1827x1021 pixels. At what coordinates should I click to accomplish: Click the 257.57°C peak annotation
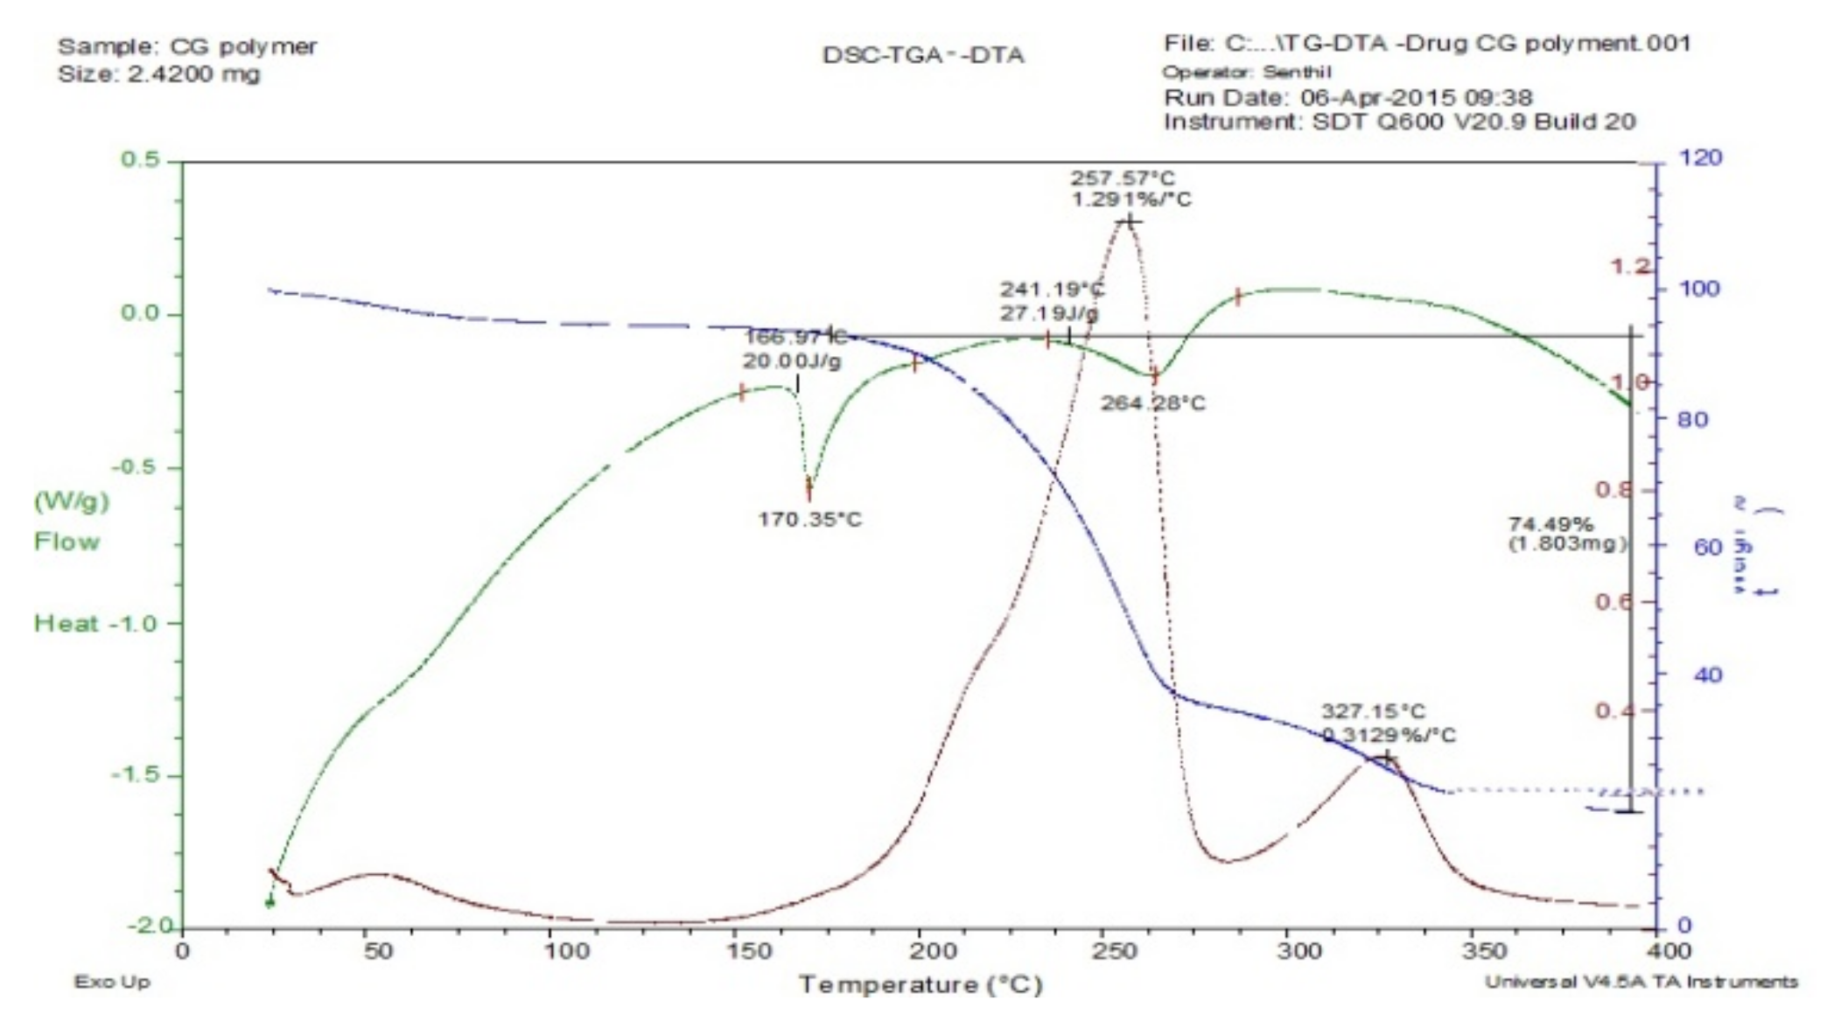tap(1123, 178)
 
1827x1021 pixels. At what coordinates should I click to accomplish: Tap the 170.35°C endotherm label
tap(809, 520)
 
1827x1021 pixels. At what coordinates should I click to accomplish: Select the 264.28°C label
tap(1152, 403)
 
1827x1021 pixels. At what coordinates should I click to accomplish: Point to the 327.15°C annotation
tap(1373, 711)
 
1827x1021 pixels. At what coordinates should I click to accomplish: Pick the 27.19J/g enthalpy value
tap(1050, 312)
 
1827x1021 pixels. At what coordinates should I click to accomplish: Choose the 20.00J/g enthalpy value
tap(792, 360)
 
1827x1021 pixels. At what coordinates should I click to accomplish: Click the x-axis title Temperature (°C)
tap(920, 985)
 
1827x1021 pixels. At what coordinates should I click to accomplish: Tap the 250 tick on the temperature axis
tap(1104, 951)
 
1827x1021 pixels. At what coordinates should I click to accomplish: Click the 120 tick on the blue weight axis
tap(1700, 158)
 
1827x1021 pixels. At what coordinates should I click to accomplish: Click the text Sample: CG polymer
tap(187, 47)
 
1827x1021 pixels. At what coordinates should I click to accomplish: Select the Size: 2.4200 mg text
tap(158, 73)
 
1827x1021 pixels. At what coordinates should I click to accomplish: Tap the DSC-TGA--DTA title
tap(922, 56)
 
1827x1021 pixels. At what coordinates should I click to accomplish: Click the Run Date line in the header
tap(1347, 97)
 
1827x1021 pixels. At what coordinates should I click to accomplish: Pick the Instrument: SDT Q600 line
tap(1398, 122)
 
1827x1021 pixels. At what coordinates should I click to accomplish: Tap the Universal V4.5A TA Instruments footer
tap(1641, 983)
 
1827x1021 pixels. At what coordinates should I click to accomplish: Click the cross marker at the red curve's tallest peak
tap(1129, 222)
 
